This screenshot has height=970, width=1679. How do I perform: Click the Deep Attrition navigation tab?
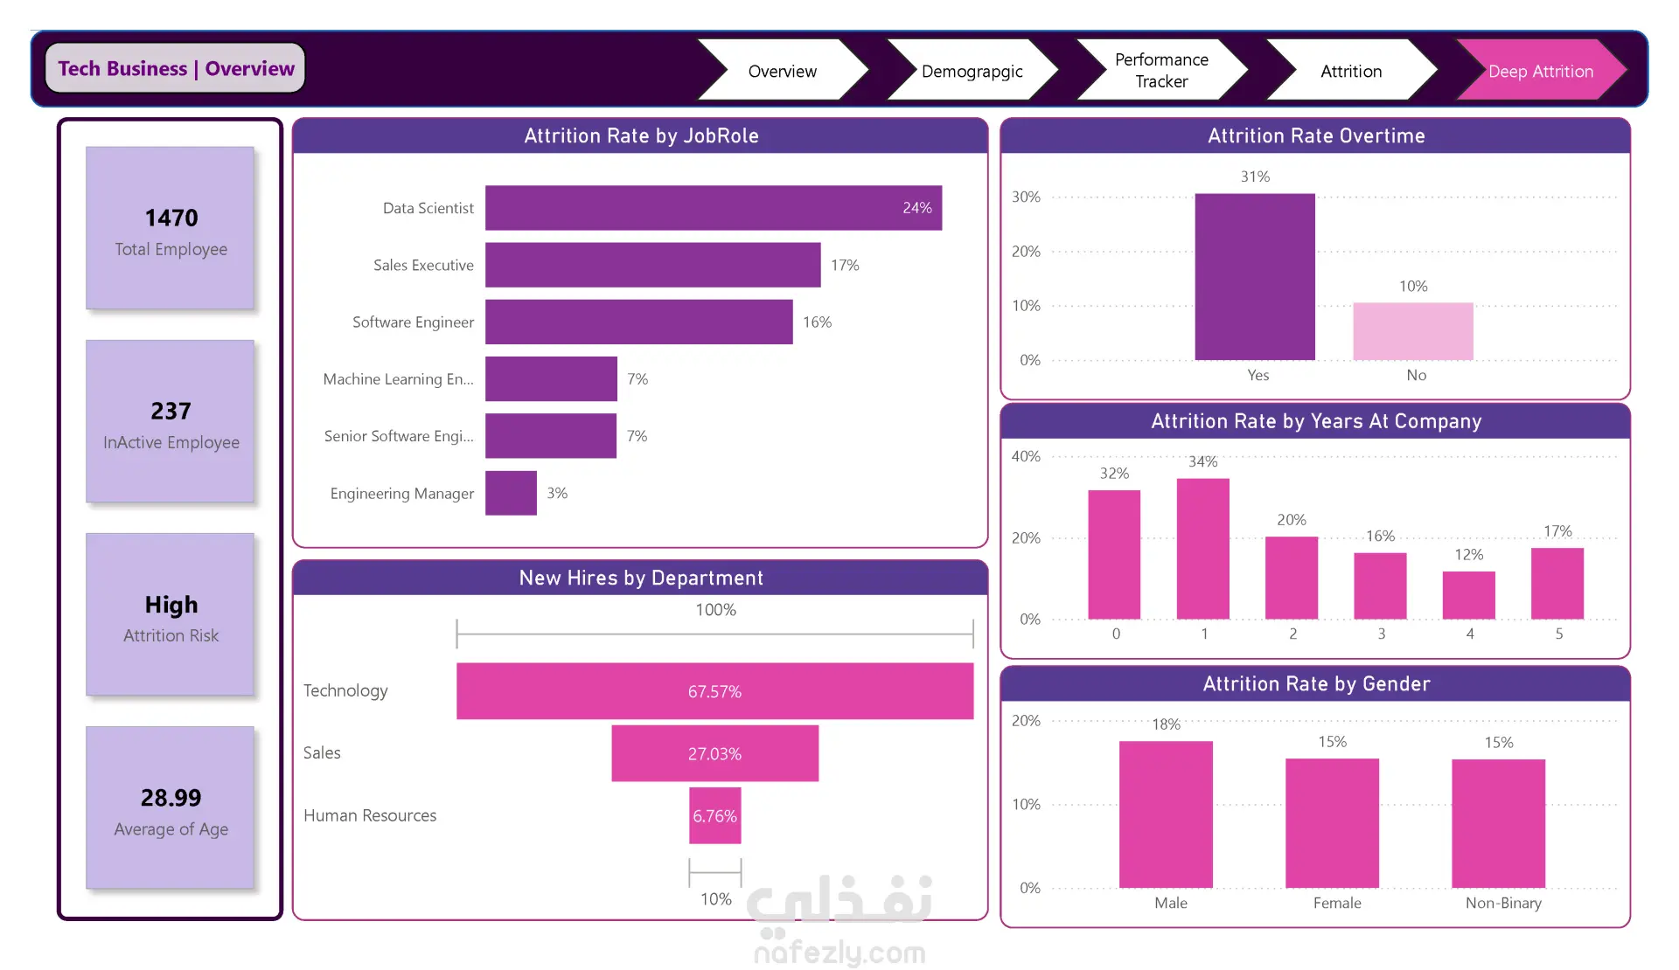[1541, 70]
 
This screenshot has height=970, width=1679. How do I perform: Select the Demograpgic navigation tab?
[972, 70]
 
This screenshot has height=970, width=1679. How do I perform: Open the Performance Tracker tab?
[1161, 70]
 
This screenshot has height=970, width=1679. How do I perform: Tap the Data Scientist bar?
[714, 208]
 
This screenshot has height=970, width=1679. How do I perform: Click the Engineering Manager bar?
[511, 493]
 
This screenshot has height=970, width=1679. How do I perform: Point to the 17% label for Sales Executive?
[845, 265]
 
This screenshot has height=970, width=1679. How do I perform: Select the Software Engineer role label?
[413, 322]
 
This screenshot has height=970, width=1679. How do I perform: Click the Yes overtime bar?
[1255, 276]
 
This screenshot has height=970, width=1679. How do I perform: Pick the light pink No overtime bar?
[1413, 331]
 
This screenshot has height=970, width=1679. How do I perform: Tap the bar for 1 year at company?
[1203, 549]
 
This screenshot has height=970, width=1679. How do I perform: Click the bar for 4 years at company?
[1469, 595]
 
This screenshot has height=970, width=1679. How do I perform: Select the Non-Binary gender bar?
[1499, 823]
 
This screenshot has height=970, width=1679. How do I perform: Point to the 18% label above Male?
[1166, 724]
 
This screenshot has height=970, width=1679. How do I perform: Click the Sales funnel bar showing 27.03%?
[714, 753]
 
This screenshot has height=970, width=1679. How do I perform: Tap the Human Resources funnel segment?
[714, 815]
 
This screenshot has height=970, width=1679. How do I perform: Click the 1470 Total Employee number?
[171, 218]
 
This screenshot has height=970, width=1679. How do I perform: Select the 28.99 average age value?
[171, 798]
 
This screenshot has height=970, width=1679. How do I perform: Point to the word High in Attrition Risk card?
[171, 605]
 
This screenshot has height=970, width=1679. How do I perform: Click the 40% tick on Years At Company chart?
[1026, 456]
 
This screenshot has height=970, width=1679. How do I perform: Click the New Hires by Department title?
[641, 578]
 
